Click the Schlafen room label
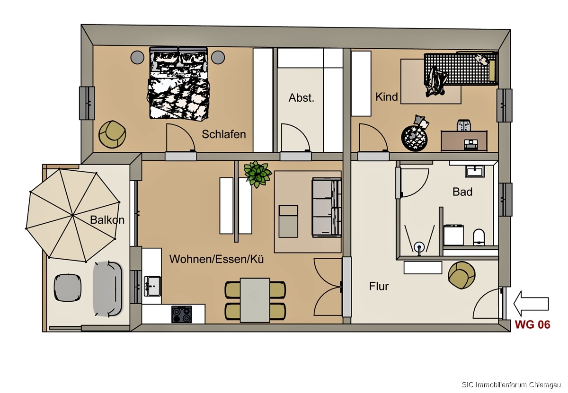(223, 134)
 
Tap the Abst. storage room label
(301, 98)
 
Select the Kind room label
(386, 97)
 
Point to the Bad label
(462, 192)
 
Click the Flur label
(379, 286)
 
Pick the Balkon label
(107, 220)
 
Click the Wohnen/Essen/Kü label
(217, 259)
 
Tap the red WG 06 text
(532, 324)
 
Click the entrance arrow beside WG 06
(531, 304)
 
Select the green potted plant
(257, 174)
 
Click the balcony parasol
(73, 215)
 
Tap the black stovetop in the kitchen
(182, 314)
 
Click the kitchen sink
(152, 286)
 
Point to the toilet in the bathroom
(479, 237)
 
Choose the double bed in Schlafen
(178, 83)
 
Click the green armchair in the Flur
(461, 275)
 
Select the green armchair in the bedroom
(112, 134)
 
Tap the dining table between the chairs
(255, 300)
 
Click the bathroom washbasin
(475, 171)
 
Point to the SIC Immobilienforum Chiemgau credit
(511, 384)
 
